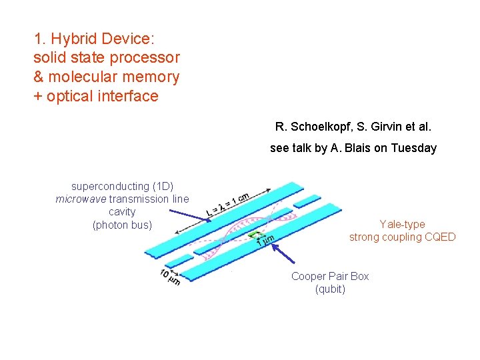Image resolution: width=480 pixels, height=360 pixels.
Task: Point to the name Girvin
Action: click(384, 126)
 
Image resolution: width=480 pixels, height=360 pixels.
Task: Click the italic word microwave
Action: click(81, 199)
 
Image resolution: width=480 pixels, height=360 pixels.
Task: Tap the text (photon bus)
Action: click(122, 225)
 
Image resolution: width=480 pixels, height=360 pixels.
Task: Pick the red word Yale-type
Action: click(402, 224)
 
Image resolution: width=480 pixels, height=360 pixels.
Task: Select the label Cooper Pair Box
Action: click(330, 276)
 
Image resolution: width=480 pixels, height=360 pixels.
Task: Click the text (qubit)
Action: click(330, 289)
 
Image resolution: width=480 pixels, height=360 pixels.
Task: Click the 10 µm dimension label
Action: click(169, 277)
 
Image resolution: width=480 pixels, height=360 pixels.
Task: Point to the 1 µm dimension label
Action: click(265, 240)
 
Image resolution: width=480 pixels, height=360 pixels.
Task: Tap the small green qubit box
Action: click(254, 234)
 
